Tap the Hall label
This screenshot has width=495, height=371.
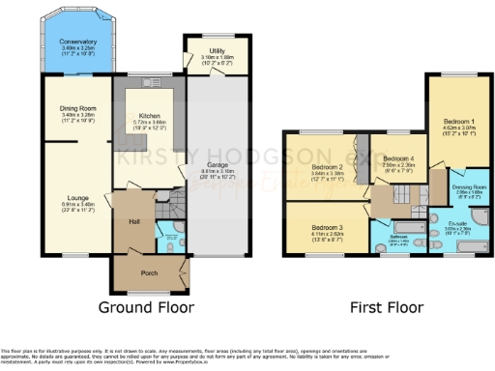(x=134, y=220)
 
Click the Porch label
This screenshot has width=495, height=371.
(x=148, y=271)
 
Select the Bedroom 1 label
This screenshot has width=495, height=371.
(x=454, y=124)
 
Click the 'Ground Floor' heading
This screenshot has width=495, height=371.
(x=147, y=308)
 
